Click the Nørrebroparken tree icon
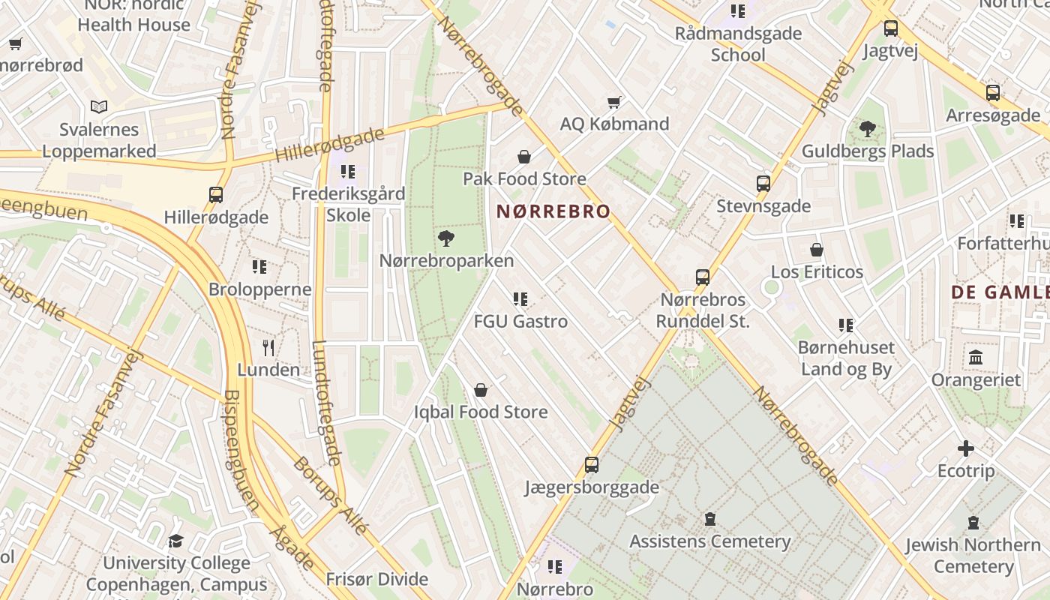click(446, 238)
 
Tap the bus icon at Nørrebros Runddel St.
click(703, 277)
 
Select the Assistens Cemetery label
click(709, 541)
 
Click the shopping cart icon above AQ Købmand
click(614, 102)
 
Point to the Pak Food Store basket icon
click(524, 157)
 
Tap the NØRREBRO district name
click(553, 212)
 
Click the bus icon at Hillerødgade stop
click(216, 195)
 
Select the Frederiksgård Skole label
click(348, 204)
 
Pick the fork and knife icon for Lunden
click(268, 347)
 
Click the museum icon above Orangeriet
click(976, 358)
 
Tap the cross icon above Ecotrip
click(966, 449)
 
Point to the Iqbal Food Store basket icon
click(481, 390)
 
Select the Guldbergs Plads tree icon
click(868, 129)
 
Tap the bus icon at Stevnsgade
click(763, 184)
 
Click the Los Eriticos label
click(817, 271)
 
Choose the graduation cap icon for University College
click(175, 541)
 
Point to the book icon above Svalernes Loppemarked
click(99, 107)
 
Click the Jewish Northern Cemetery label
click(973, 555)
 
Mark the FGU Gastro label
click(520, 321)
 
